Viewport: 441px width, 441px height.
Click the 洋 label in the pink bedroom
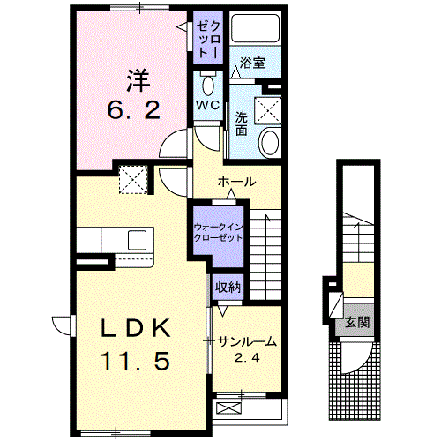pos(138,80)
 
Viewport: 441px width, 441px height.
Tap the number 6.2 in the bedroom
pos(134,109)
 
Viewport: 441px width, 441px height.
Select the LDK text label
pos(136,328)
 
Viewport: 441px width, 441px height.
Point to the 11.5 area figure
pos(135,361)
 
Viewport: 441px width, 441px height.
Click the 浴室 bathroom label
pos(252,63)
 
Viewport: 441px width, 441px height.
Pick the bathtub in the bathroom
pos(255,28)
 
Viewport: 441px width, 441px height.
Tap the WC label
pos(208,105)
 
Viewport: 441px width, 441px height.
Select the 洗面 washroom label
pos(242,123)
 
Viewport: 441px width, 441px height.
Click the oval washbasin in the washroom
pos(270,142)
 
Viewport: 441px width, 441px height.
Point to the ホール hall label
pos(236,182)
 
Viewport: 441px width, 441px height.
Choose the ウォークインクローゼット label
pos(218,233)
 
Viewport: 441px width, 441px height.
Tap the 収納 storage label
pos(228,287)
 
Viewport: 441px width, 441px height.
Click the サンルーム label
pos(247,342)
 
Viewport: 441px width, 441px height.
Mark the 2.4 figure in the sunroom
pos(247,357)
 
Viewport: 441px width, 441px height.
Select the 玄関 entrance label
pos(357,322)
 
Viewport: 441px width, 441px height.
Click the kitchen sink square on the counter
pos(138,240)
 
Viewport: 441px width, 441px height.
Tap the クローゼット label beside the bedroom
pos(208,40)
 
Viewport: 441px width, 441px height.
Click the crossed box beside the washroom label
pos(268,110)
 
